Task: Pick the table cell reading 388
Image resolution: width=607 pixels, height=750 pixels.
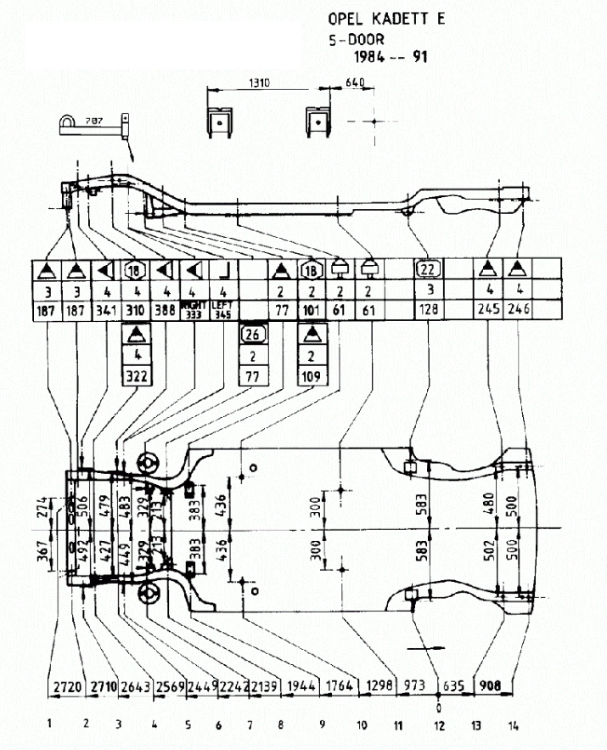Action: tap(166, 310)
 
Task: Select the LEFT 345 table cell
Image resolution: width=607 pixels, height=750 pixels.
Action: tap(222, 310)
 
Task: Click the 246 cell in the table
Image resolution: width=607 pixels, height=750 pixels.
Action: tap(518, 310)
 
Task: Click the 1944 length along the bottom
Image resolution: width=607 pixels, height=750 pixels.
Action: tap(301, 685)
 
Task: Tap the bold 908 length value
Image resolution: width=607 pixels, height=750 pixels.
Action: tap(490, 685)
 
